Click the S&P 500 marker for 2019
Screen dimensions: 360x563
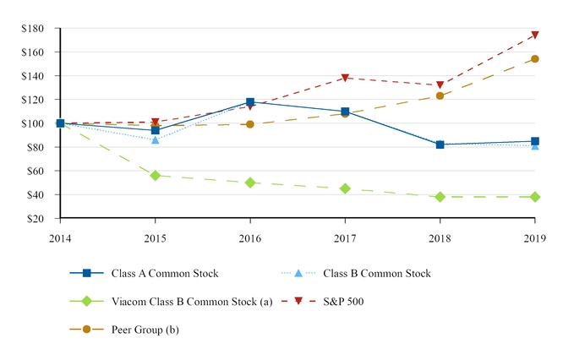coord(534,35)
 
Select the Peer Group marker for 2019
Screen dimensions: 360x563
coord(534,59)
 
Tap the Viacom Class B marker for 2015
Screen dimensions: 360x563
coord(156,176)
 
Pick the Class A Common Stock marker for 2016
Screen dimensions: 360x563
coord(250,102)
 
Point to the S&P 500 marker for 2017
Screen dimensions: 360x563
coord(345,79)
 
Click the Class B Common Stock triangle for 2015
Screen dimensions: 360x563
coord(156,139)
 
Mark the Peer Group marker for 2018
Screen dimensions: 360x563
coord(440,95)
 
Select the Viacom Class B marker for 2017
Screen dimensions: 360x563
coord(345,188)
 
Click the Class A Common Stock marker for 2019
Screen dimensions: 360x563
coord(534,141)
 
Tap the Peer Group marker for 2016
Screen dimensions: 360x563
coord(250,124)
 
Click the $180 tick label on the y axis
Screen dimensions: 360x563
coord(33,29)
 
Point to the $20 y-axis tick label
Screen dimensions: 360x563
coord(36,218)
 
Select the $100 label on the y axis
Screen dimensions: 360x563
coord(33,123)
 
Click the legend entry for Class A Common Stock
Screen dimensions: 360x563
coord(164,273)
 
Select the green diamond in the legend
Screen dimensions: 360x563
coord(85,301)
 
